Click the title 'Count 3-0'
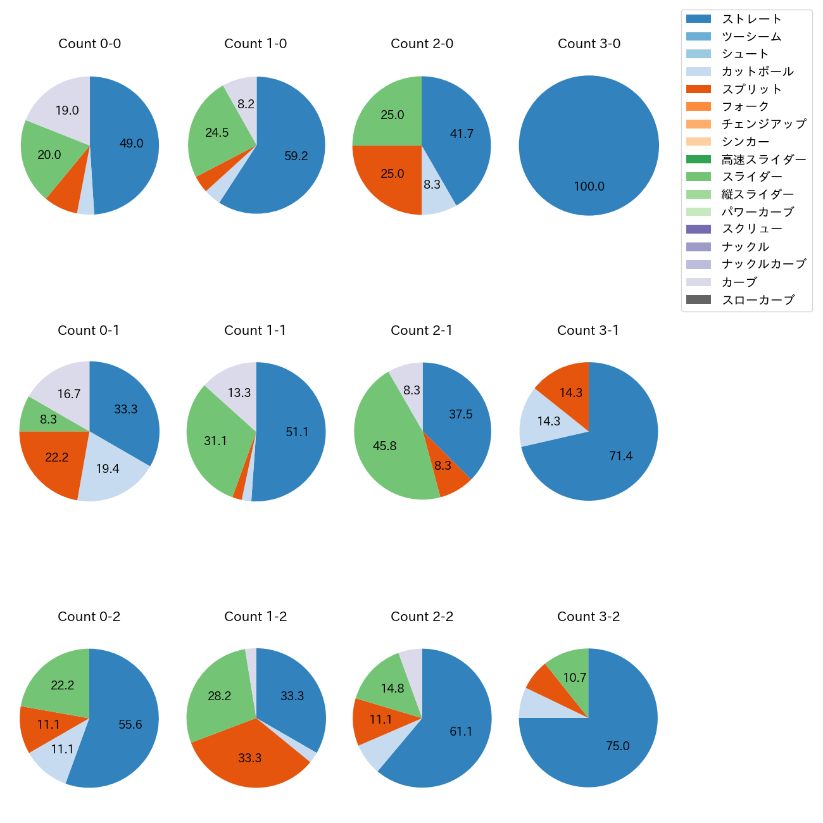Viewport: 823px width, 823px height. click(x=589, y=44)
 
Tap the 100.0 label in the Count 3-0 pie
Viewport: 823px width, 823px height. click(x=589, y=187)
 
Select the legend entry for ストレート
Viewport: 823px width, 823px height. click(x=751, y=19)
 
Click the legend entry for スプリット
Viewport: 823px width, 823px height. click(x=751, y=89)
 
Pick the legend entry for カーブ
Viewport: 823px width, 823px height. click(x=739, y=282)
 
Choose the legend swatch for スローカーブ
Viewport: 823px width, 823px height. click(x=698, y=300)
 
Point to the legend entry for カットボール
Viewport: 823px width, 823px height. click(x=757, y=72)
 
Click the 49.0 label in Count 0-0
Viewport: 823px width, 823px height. click(x=132, y=144)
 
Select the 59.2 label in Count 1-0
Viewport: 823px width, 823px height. click(x=296, y=156)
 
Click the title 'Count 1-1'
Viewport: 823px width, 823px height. click(x=255, y=330)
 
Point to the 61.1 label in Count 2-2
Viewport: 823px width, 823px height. click(x=461, y=732)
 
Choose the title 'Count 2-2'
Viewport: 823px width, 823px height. click(x=422, y=617)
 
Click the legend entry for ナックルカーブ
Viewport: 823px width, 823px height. click(x=763, y=265)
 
